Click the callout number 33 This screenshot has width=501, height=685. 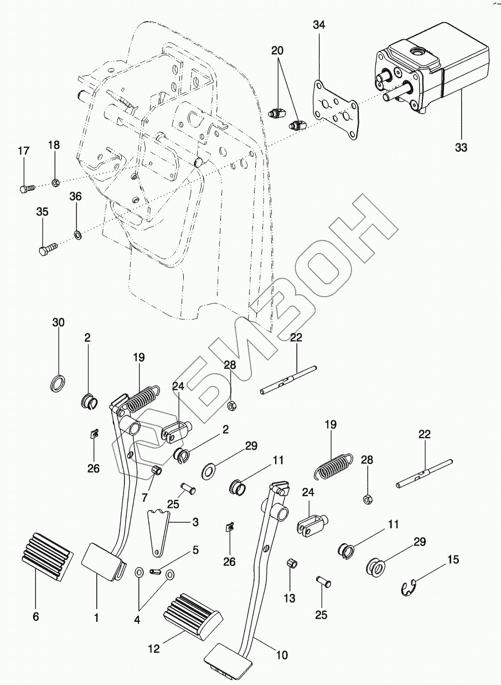[x=461, y=147]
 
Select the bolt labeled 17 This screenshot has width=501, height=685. [x=25, y=188]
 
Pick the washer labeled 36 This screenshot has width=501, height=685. [x=78, y=236]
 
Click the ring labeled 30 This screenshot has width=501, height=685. [x=58, y=383]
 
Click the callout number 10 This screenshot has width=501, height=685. [x=282, y=656]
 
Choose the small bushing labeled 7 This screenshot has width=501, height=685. [x=157, y=471]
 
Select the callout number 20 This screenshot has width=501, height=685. [x=277, y=50]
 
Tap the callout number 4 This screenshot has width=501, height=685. [x=137, y=621]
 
